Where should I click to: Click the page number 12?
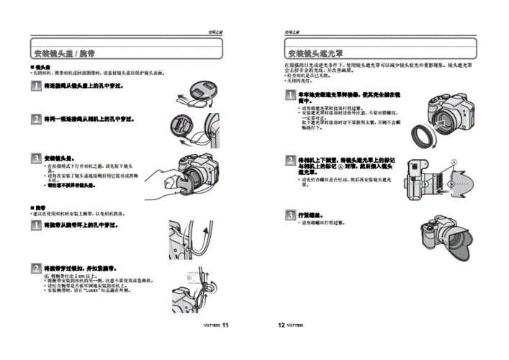coord(281,325)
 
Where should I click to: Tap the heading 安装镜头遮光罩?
coord(315,54)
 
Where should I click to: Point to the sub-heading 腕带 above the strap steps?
coord(40,208)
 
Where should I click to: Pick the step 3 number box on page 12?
coord(289,215)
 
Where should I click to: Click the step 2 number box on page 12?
coord(289,159)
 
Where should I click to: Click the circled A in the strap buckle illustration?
coord(189,277)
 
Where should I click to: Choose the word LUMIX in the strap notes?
coord(94,290)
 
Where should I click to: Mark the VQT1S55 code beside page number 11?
coord(212,326)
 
